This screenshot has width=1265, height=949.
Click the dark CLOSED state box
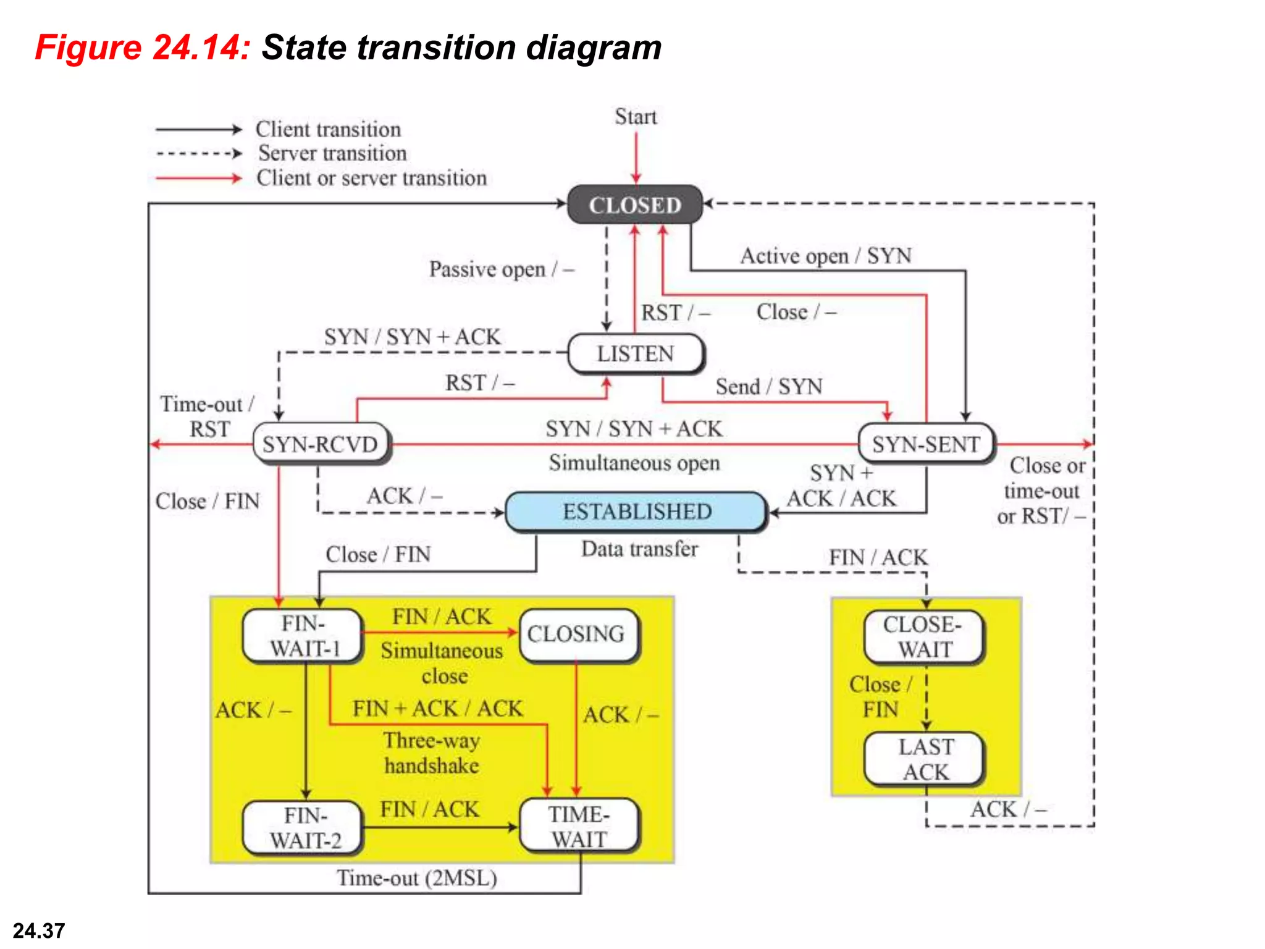tap(635, 205)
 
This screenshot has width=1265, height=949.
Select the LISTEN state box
tap(636, 354)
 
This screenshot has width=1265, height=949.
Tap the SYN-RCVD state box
tap(321, 444)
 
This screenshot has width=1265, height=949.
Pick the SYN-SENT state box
tap(926, 444)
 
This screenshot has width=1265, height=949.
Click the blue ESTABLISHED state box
tap(637, 512)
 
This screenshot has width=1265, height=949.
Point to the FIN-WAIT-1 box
tap(303, 636)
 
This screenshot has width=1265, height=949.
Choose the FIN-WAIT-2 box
tap(303, 828)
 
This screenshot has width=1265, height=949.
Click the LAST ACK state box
tap(925, 759)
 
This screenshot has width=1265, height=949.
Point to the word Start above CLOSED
tap(636, 117)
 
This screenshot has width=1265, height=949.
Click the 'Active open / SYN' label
tap(826, 256)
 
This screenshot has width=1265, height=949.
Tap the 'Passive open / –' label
tap(501, 269)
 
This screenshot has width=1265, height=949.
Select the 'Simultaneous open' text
tap(634, 463)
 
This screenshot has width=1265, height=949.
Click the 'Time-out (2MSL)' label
tap(417, 878)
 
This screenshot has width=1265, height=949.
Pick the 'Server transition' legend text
tap(332, 153)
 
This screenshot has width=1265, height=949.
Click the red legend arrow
tap(198, 179)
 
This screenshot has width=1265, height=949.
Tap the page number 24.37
tap(39, 930)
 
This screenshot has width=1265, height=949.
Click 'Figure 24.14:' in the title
tap(143, 48)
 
